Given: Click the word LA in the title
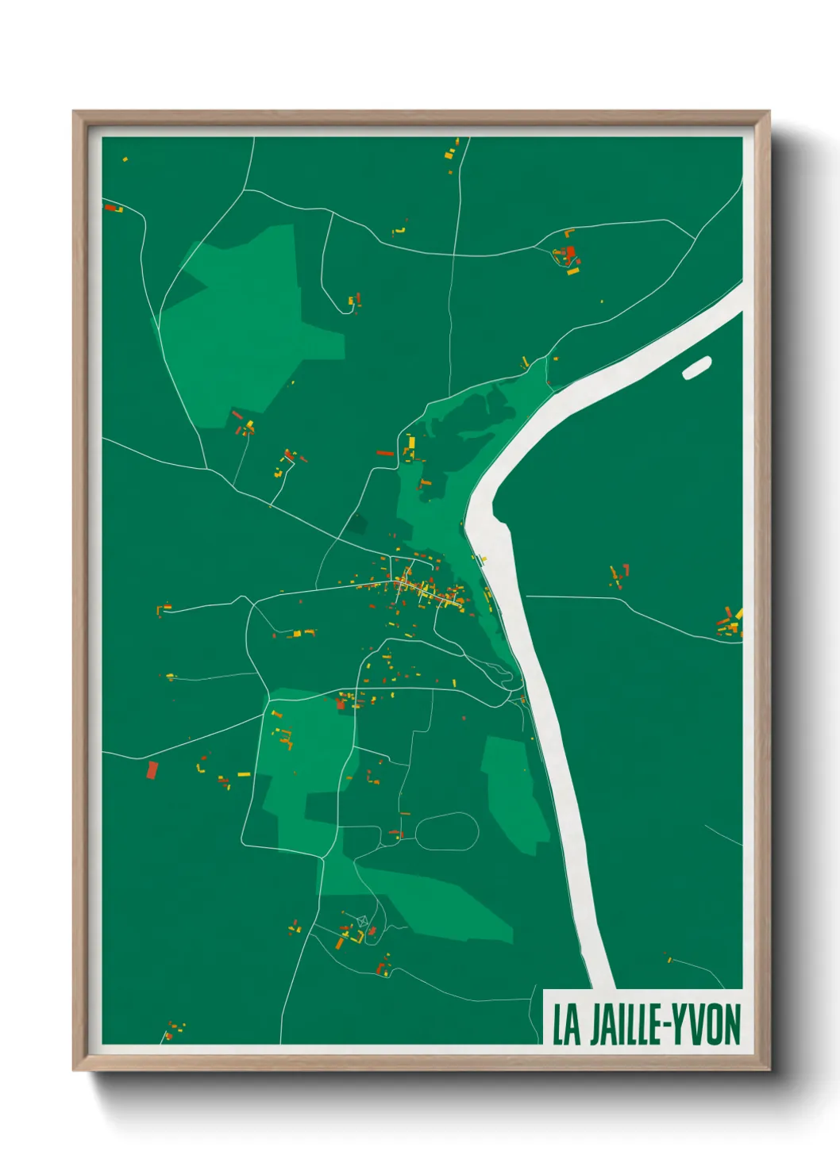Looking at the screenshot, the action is tap(566, 1025).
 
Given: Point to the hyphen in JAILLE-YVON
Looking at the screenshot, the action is tap(666, 1025).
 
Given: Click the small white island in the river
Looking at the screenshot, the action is tap(696, 367).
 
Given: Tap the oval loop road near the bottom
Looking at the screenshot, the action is tap(447, 831).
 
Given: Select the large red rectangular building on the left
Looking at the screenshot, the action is tap(152, 769).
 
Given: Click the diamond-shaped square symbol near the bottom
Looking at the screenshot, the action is tap(363, 920).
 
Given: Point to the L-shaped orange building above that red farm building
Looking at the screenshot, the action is tap(568, 233).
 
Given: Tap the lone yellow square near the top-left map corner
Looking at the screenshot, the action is tap(125, 159).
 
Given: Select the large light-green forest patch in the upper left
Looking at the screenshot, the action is tap(246, 325).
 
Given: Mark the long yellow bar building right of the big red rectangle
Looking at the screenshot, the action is tap(243, 774).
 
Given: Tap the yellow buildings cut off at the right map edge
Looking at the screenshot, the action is tap(737, 620).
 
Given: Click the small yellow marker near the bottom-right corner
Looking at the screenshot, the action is tap(669, 960).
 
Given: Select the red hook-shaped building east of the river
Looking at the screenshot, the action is tap(625, 569).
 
